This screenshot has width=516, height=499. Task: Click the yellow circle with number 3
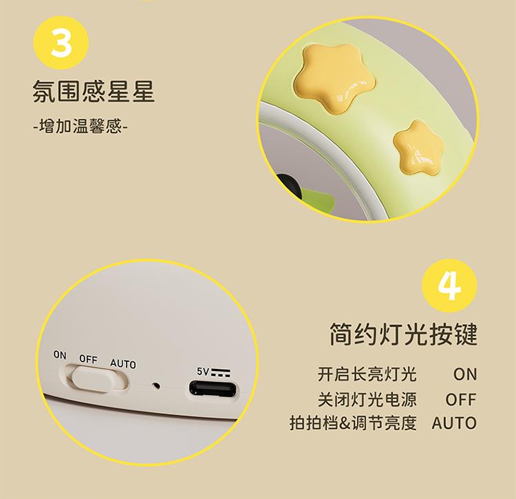coord(61,43)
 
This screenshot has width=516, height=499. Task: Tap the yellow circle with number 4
coord(449,286)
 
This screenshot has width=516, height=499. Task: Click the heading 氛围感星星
coord(94,91)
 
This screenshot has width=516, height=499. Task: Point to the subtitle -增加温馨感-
coord(80,126)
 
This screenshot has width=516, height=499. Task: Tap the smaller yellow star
coord(418,147)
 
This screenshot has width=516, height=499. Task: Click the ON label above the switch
coord(60,355)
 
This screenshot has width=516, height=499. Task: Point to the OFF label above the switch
coord(88,359)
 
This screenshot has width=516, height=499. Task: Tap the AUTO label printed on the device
coord(122,363)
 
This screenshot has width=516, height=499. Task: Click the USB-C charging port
coord(213,389)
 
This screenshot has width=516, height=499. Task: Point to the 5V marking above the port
coord(213,372)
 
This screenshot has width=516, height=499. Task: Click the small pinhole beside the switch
coord(156,385)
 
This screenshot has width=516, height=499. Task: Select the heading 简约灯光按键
coord(403,334)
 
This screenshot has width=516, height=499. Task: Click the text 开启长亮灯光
coord(367,374)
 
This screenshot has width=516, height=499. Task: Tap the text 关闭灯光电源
coord(367,399)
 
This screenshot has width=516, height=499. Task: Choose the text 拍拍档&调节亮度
coord(354,423)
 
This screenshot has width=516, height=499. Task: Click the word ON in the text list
coord(465,374)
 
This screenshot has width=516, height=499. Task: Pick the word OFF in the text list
coord(461,399)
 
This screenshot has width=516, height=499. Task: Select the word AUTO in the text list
coord(454,423)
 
